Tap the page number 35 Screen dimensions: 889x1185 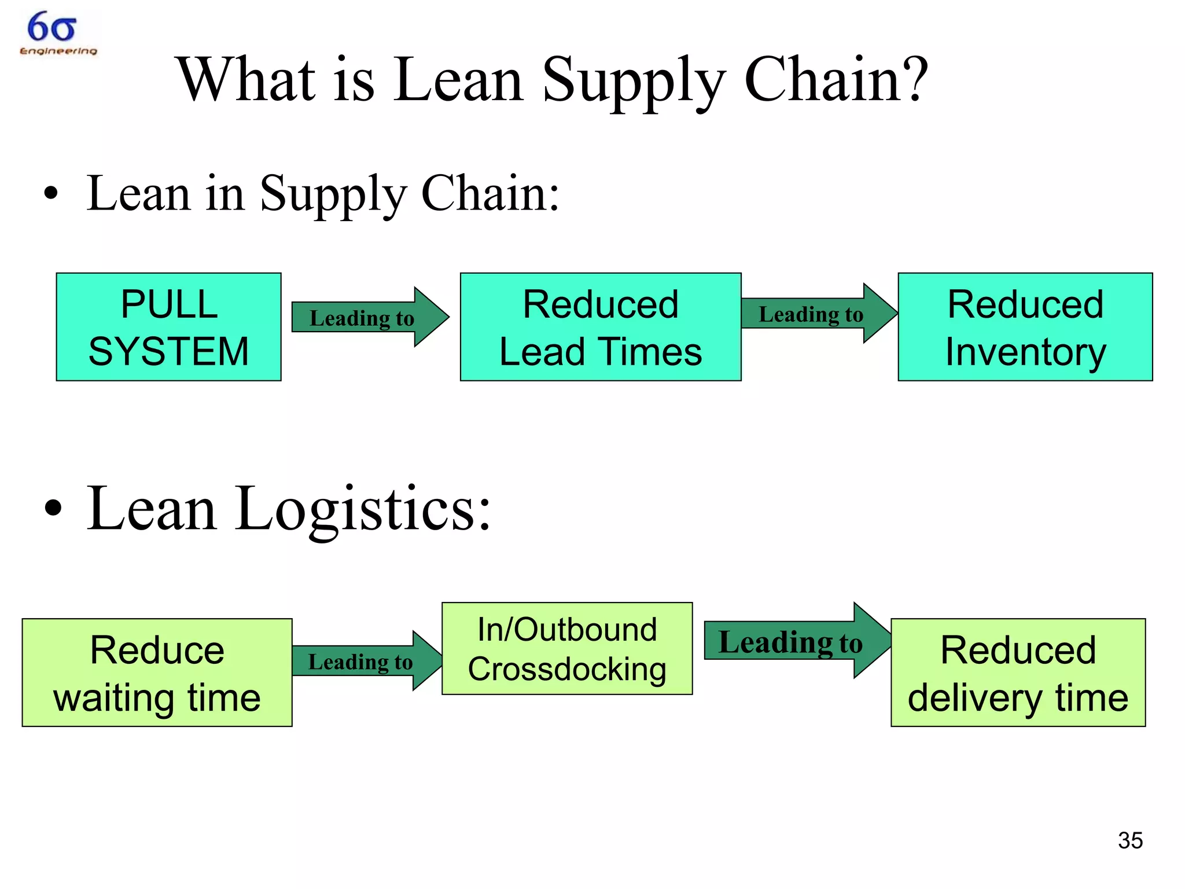click(x=1130, y=840)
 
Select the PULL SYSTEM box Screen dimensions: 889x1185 click(x=168, y=327)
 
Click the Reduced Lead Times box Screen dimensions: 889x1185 click(x=600, y=327)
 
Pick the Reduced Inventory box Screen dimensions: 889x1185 click(x=1025, y=327)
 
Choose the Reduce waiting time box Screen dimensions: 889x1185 click(x=157, y=673)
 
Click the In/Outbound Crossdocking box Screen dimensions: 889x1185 click(x=567, y=648)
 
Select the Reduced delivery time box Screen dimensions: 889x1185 click(x=1018, y=673)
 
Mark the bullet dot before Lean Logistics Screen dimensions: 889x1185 click(x=53, y=508)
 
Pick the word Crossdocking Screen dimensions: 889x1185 click(x=567, y=670)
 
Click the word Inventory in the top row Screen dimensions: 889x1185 click(x=1025, y=352)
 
